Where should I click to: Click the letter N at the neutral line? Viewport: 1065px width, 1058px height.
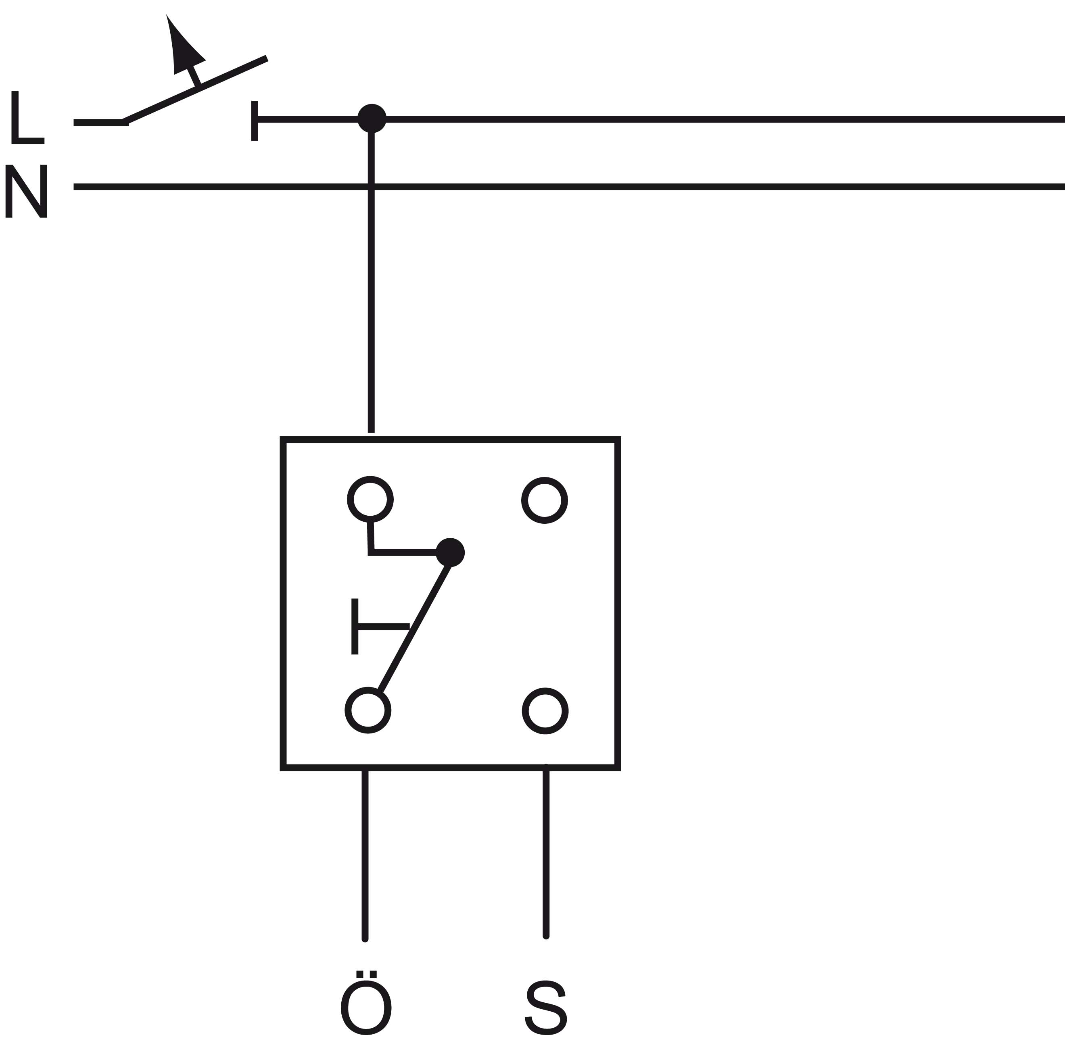coord(27,191)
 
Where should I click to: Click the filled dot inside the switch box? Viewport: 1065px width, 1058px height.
coord(450,552)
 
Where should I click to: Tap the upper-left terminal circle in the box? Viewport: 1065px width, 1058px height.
coord(370,499)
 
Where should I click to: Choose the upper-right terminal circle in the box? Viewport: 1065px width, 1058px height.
coord(544,500)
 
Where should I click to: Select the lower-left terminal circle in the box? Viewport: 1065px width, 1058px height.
coord(368,710)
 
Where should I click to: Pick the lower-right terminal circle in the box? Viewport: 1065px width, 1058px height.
coord(545,711)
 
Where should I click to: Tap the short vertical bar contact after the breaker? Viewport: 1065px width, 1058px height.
coord(254,120)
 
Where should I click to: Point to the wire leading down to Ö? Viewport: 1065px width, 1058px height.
coord(365,854)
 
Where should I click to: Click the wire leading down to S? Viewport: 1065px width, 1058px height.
coord(546,854)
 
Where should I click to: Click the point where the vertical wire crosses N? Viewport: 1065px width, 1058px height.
coord(371,187)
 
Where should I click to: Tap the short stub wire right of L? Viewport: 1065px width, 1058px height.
coord(99,122)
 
